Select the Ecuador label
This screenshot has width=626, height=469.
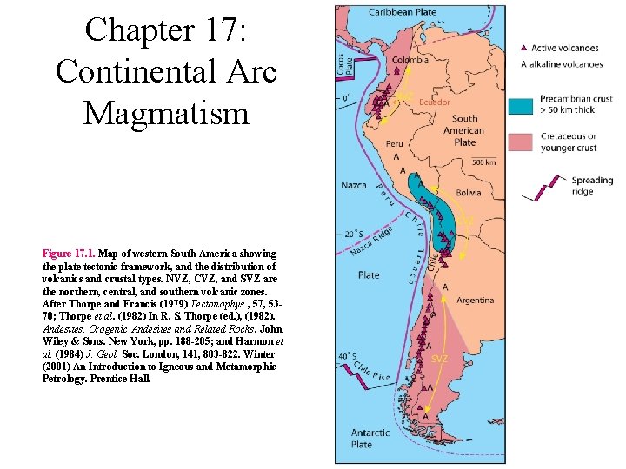(x=434, y=102)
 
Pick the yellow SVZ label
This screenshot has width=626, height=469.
(x=440, y=359)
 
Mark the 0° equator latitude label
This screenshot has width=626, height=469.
(x=345, y=97)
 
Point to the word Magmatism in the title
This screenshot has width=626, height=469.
(x=165, y=112)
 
